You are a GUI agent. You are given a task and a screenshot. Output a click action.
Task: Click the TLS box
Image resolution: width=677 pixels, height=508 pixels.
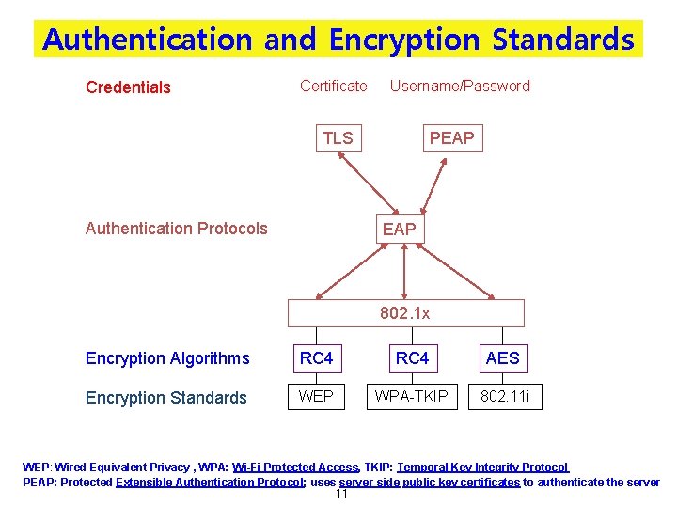point(338,139)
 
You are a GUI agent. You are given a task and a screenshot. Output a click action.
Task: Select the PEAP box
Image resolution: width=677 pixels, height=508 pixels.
point(451,139)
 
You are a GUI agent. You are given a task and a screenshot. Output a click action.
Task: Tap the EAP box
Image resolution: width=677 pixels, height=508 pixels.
point(399,230)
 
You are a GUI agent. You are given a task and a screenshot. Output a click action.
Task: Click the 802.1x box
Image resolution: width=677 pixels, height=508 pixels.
point(405,313)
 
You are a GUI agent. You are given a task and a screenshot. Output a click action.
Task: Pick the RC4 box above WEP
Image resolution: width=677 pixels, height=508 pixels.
point(316,358)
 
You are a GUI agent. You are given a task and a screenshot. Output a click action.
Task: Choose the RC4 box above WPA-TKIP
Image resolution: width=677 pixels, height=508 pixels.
point(412,358)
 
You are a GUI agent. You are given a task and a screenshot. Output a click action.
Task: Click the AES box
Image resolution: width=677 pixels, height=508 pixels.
point(502,358)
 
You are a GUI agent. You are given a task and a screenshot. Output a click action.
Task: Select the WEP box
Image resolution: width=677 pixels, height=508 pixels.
point(316,397)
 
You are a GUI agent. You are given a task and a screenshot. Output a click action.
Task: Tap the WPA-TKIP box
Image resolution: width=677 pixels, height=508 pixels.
point(412,397)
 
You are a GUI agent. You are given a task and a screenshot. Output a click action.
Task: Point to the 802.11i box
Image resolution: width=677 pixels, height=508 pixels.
point(505,397)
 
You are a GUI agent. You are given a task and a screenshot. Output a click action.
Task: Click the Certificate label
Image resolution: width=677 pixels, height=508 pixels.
point(334,87)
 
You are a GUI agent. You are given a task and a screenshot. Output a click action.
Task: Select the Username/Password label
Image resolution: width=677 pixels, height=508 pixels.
point(460,87)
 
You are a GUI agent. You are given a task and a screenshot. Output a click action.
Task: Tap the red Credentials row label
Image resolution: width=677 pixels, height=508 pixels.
point(128,87)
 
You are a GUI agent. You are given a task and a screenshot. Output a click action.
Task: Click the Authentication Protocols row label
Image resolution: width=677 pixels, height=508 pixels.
point(176,229)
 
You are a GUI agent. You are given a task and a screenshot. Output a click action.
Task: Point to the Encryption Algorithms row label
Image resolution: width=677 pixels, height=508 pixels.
point(167,358)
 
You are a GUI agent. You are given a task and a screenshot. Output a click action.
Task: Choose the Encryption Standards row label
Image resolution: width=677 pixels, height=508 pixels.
point(165,398)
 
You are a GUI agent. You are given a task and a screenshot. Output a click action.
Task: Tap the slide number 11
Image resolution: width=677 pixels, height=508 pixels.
point(341,494)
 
